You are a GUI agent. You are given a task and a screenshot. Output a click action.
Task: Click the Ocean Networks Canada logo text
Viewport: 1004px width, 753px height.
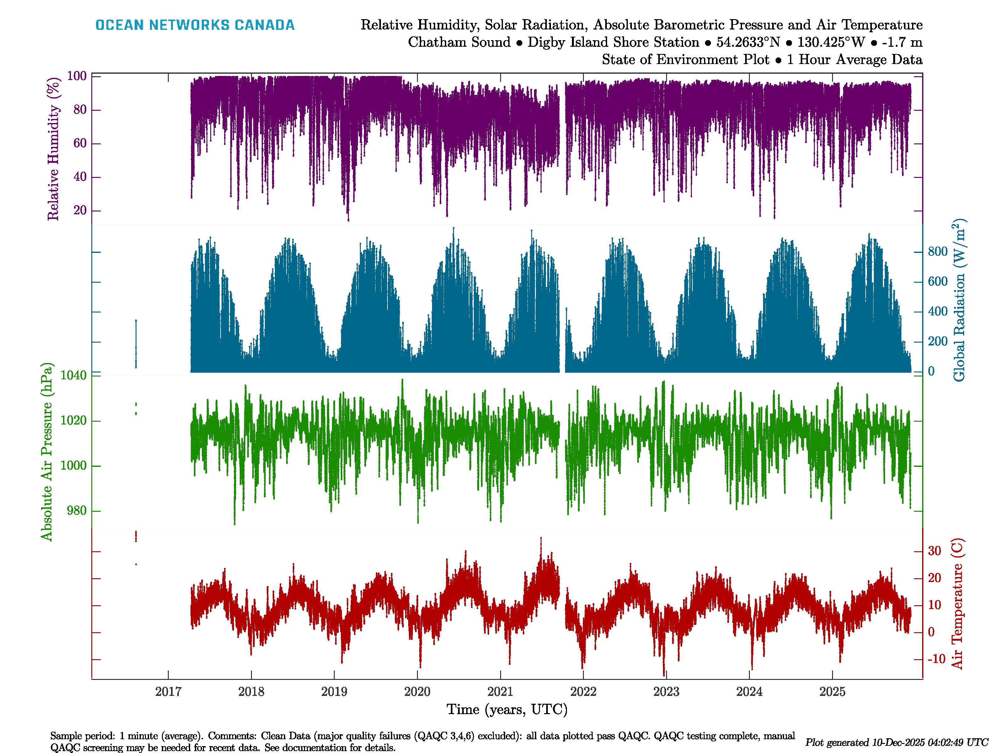click(x=195, y=25)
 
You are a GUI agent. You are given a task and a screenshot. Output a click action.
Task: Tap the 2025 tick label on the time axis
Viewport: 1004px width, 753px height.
click(x=832, y=692)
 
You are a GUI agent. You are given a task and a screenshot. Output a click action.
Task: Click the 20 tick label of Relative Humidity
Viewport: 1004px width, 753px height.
click(x=80, y=211)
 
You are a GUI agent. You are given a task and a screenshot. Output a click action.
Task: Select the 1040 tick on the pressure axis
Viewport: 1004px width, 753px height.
click(x=73, y=375)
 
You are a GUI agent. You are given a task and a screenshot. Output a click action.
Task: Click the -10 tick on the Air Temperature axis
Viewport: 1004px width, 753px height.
click(x=936, y=659)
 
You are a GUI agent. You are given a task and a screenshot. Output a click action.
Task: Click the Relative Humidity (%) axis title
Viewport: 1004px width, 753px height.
click(x=54, y=149)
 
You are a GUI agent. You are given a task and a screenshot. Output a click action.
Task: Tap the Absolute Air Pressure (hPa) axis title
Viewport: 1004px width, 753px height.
click(x=47, y=451)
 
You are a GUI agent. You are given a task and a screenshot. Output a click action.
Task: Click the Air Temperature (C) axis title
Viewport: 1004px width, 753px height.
click(x=957, y=604)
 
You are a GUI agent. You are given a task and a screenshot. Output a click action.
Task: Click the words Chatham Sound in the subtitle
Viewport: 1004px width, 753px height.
click(x=459, y=42)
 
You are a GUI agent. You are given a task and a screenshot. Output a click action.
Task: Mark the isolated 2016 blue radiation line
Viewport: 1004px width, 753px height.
click(x=136, y=343)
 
